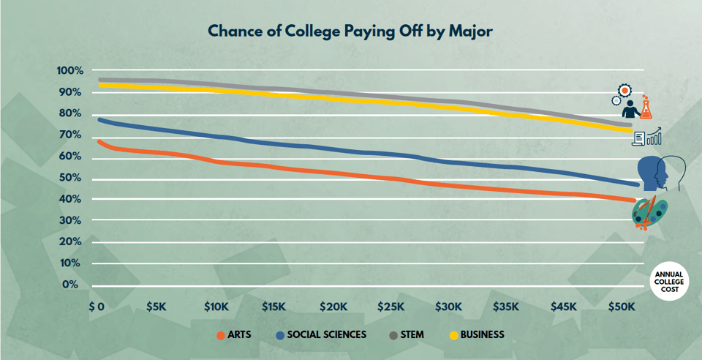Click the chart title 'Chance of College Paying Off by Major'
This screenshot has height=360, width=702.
351,31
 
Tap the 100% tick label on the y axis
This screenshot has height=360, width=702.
71,71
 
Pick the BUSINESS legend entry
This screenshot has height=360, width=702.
476,335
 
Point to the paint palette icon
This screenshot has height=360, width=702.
649,211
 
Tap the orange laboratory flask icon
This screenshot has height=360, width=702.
646,110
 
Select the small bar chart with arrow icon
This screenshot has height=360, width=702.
654,135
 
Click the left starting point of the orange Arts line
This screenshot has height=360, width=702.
99,141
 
